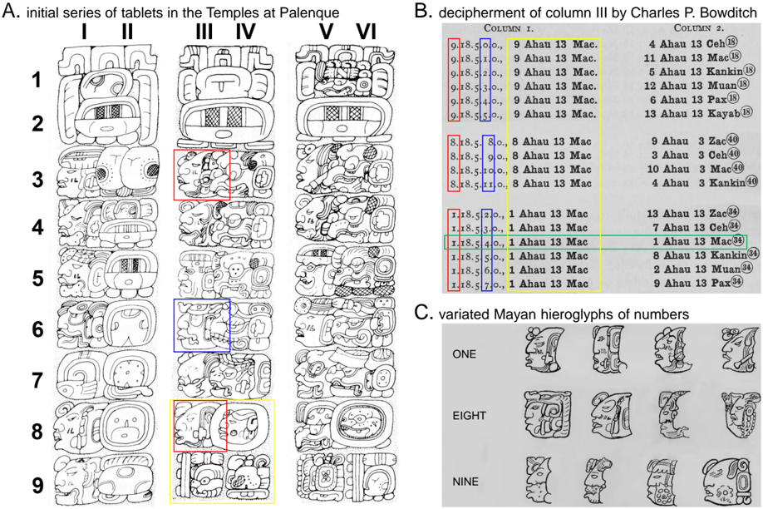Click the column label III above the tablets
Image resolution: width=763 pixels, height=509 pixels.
[202, 32]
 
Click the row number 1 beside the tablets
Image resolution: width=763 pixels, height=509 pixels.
[37, 80]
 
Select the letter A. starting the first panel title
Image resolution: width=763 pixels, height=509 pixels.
[10, 11]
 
